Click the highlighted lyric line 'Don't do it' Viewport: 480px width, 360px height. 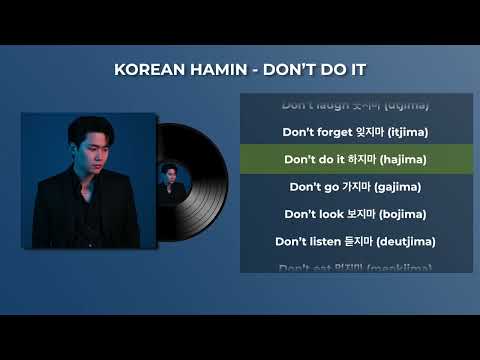(355, 159)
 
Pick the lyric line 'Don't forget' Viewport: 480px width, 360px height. (355, 131)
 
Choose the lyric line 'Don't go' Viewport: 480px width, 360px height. (355, 186)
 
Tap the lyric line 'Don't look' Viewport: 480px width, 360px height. (355, 214)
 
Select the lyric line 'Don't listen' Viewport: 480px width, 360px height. (355, 241)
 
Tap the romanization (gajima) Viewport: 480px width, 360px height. (396, 186)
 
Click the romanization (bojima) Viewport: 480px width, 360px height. (400, 214)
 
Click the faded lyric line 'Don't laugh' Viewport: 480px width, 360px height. (355, 103)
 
